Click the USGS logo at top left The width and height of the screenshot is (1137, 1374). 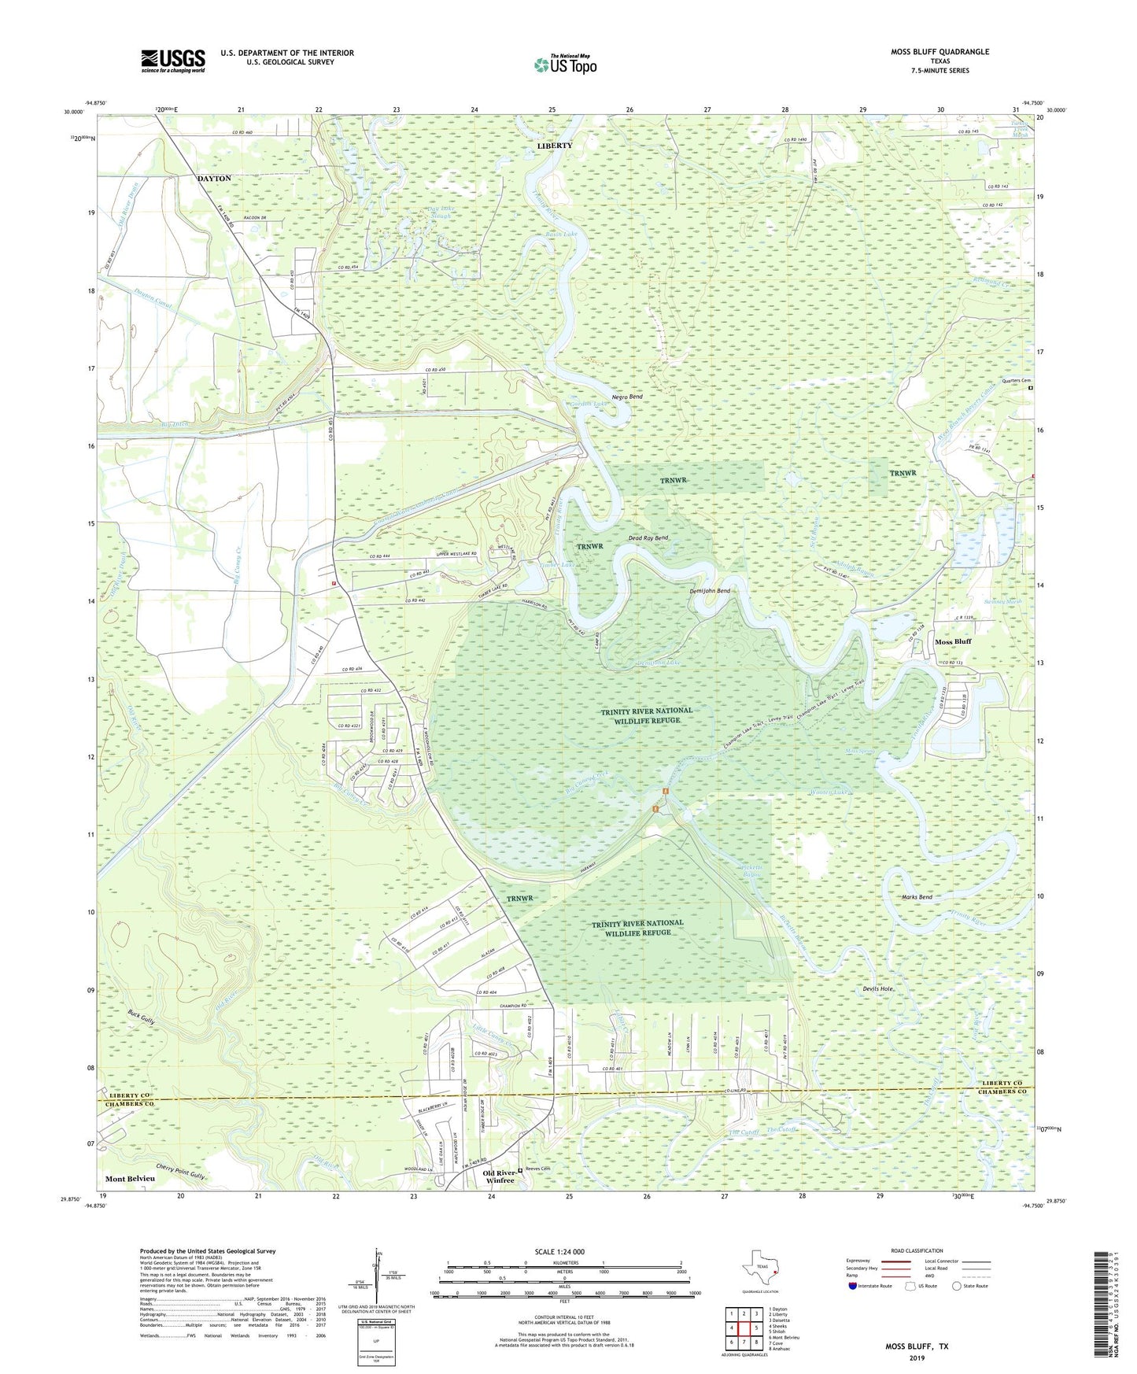pos(173,61)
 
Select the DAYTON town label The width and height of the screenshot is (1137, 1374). pos(214,179)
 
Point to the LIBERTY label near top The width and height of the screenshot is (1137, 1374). pos(555,146)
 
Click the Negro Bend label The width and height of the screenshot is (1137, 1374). pos(627,397)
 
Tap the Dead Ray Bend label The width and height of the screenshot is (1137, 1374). pos(648,538)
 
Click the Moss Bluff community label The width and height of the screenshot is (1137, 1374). pos(953,641)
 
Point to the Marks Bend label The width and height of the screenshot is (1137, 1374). pos(916,897)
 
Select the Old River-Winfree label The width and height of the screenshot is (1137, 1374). pos(499,1176)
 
